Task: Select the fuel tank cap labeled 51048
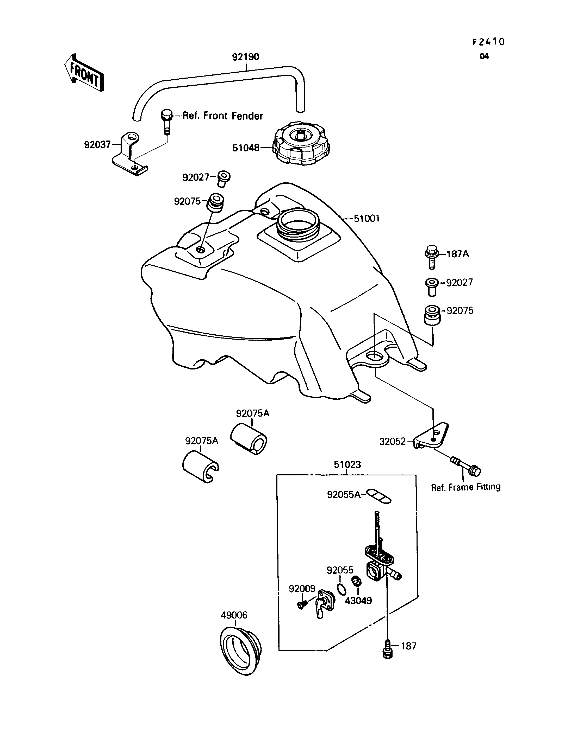tap(301, 144)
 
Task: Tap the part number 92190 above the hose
tap(245, 57)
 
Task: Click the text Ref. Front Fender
tap(223, 116)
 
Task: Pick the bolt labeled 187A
tap(432, 257)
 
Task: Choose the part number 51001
tap(367, 218)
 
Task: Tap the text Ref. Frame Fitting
tap(466, 487)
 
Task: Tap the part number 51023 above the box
tap(347, 464)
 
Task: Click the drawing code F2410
tap(489, 42)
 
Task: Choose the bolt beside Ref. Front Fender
tap(166, 122)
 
